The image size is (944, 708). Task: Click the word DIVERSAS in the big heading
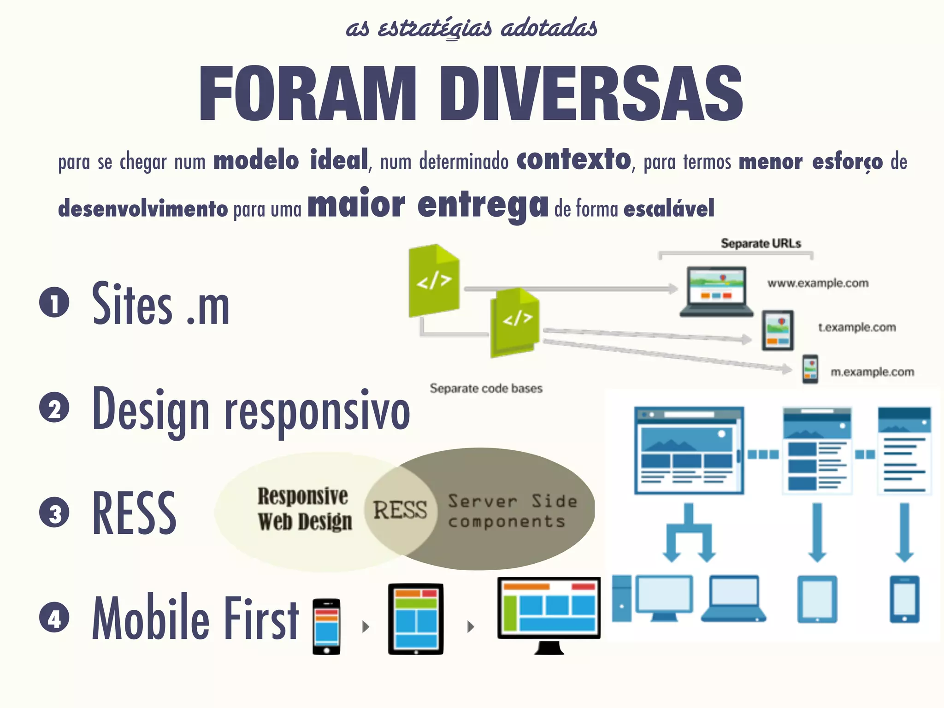click(x=591, y=94)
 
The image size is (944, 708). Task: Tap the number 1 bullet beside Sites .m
click(x=54, y=303)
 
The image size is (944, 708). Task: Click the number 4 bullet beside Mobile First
click(x=54, y=618)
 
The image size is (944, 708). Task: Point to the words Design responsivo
click(x=251, y=410)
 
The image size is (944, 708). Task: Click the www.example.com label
click(x=818, y=283)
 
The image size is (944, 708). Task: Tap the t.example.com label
click(x=857, y=327)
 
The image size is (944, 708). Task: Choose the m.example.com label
click(x=872, y=372)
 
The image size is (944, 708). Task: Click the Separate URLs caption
click(x=761, y=243)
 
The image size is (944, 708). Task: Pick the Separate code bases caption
click(x=486, y=388)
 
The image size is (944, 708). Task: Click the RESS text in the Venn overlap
click(x=400, y=510)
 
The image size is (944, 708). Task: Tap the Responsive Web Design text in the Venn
click(x=304, y=509)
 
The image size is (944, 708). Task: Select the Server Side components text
click(x=512, y=511)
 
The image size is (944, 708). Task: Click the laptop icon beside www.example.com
click(x=716, y=291)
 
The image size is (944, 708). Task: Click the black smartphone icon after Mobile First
click(x=326, y=626)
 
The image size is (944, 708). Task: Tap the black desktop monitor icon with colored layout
click(x=549, y=613)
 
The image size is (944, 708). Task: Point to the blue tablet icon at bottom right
click(x=817, y=599)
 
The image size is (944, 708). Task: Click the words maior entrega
click(x=428, y=205)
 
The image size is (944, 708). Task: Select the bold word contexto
click(x=573, y=160)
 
